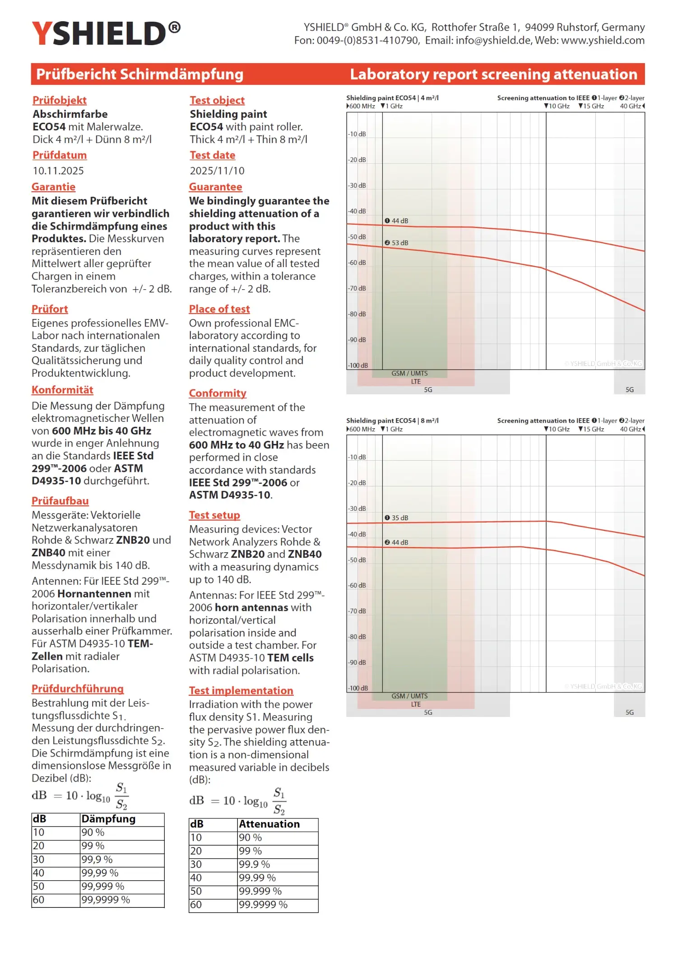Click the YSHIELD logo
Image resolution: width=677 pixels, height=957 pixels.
(106, 33)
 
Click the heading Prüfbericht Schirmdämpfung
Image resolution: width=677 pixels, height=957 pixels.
(139, 74)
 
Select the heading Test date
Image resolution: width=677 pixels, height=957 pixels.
(212, 155)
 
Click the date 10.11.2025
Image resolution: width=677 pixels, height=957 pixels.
(58, 171)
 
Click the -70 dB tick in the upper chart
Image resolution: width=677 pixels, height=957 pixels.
(357, 288)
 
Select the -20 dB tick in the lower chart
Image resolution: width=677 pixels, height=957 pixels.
(357, 483)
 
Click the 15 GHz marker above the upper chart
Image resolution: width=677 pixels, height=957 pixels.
(591, 106)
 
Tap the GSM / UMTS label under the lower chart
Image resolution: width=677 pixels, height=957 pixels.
(409, 696)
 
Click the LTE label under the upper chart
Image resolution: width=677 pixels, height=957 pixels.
(416, 382)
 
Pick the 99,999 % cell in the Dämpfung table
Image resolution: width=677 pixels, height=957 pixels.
(103, 886)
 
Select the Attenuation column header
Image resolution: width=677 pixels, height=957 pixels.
(269, 824)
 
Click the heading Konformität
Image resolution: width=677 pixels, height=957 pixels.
(62, 390)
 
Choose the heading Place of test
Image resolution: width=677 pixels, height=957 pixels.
(219, 309)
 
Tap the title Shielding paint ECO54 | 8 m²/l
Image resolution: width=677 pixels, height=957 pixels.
(392, 421)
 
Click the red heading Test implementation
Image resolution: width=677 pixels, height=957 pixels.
(241, 691)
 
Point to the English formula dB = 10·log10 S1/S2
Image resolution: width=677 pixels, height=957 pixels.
(237, 801)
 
